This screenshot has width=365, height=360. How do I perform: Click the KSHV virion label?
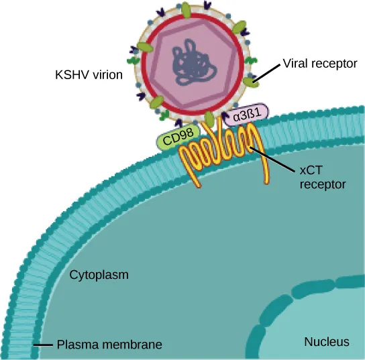pos(88,75)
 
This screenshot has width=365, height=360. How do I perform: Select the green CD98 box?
pos(174,140)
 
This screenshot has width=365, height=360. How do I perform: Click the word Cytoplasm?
pos(99,275)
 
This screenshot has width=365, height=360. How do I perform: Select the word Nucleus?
pos(327,342)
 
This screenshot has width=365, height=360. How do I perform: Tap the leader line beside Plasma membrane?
pos(43,345)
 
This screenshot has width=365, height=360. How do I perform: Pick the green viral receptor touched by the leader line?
pos(250,82)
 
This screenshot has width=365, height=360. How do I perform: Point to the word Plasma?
pos(74,345)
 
